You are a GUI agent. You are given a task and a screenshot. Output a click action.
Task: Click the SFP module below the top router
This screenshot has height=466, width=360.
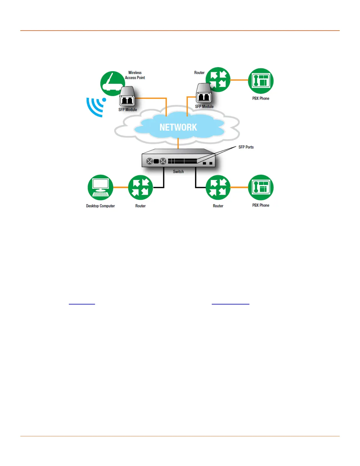pos(204,94)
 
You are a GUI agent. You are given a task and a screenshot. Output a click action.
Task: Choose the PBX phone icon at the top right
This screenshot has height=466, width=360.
pos(261,81)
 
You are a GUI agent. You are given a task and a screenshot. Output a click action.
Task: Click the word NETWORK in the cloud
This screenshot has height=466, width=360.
pos(178,127)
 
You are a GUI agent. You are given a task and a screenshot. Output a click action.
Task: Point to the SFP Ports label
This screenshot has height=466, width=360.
pos(246,147)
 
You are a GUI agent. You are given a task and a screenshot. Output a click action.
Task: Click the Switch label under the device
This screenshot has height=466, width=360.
pos(178,172)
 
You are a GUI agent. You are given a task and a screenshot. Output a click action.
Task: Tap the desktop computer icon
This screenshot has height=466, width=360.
pos(100,187)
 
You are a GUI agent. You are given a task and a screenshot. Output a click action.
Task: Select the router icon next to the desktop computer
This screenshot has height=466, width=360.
pos(141,187)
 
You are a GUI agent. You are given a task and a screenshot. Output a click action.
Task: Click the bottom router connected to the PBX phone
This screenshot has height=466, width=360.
pos(218,187)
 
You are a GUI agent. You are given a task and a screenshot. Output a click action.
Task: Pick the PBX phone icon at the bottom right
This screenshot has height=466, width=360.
pos(261,187)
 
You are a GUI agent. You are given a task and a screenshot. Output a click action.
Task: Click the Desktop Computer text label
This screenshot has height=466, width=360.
pos(100,206)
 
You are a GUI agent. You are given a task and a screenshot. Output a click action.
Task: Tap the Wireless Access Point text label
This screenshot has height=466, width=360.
pos(135,75)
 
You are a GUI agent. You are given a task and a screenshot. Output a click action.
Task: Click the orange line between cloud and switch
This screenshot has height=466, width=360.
pos(178,143)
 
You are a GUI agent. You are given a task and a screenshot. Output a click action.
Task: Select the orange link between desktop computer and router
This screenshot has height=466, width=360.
pos(121,187)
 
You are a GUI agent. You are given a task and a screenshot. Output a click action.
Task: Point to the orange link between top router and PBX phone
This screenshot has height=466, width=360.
pos(239,80)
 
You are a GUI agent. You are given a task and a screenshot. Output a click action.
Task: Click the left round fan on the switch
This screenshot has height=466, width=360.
pos(150,161)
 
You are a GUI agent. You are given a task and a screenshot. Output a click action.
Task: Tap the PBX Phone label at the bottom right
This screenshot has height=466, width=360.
pos(261,205)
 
